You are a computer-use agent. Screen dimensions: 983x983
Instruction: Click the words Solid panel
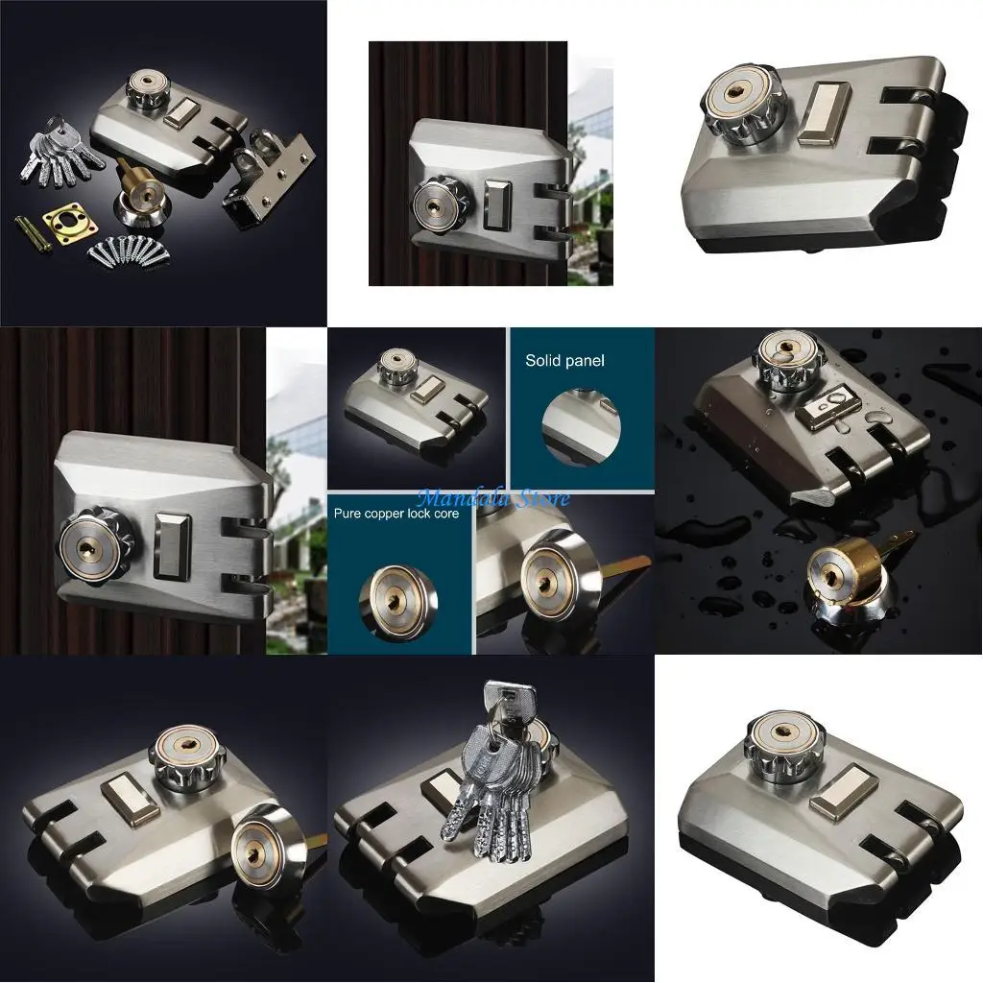pyautogui.click(x=564, y=361)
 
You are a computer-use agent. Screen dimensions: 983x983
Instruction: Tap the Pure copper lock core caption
pyautogui.click(x=396, y=514)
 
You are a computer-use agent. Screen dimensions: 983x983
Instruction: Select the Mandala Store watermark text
pyautogui.click(x=493, y=498)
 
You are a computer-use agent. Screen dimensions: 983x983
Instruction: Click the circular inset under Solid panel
pyautogui.click(x=581, y=427)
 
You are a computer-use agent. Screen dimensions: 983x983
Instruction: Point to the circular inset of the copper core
pyautogui.click(x=398, y=601)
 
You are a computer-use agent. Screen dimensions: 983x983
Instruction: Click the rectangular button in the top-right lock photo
pyautogui.click(x=824, y=112)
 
